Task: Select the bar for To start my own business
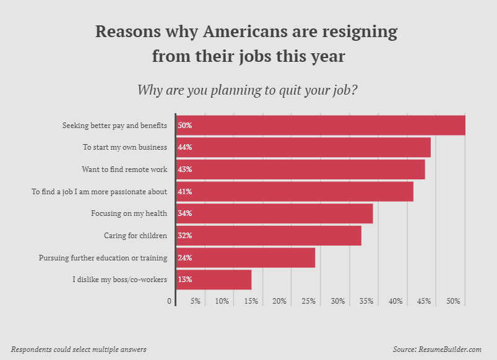(x=303, y=147)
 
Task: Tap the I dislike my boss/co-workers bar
(x=214, y=280)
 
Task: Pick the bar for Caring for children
(x=269, y=236)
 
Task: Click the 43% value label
(x=184, y=169)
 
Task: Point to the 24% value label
(x=184, y=258)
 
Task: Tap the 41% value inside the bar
(x=184, y=192)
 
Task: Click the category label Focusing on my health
(x=129, y=213)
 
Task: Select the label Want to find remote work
(x=124, y=169)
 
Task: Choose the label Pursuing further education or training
(x=103, y=258)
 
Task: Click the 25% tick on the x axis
(x=308, y=301)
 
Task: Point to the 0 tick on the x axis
(x=170, y=301)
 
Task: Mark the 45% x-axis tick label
(x=424, y=301)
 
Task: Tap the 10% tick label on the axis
(x=222, y=301)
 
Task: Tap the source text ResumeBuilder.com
(x=450, y=349)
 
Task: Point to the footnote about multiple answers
(x=79, y=349)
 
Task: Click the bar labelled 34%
(x=275, y=213)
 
